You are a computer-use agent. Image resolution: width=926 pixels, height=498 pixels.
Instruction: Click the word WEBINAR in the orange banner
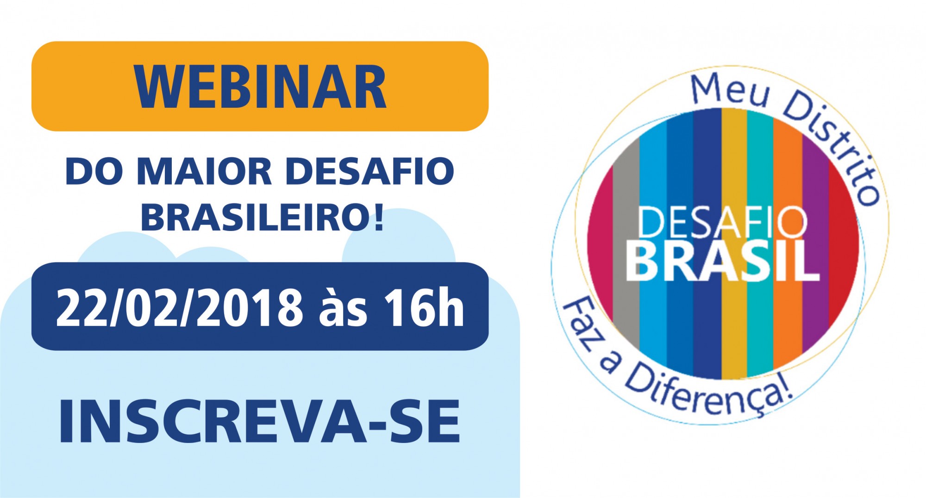point(260,87)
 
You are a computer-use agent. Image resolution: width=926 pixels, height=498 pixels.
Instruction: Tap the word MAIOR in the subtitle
point(204,171)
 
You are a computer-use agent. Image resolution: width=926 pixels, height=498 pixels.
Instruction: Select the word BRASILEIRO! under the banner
point(262,217)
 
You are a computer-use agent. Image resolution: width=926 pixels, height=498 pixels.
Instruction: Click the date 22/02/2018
point(179,307)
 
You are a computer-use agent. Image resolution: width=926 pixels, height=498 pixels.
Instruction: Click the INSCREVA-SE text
point(259,421)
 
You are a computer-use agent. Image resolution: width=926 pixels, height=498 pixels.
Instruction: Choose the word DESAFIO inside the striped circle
point(723,222)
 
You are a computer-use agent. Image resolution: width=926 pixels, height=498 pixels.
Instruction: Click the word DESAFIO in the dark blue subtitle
point(369,171)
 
